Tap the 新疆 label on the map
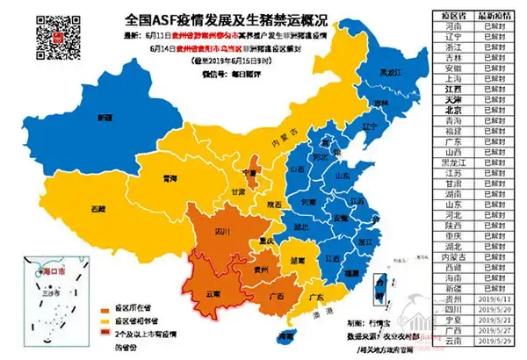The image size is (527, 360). point(105,117)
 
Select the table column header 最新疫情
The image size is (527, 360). point(495,16)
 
